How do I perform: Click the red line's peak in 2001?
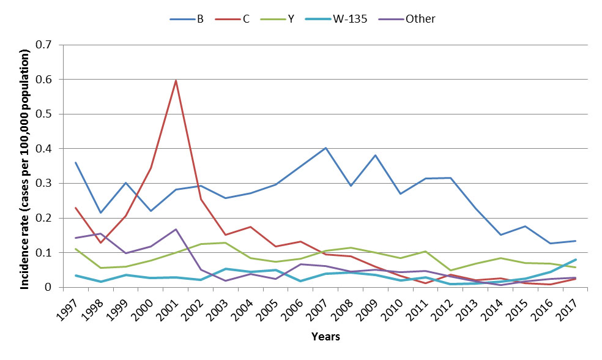point(176,80)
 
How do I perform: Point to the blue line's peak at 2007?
point(326,148)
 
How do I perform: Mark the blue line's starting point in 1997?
point(75,162)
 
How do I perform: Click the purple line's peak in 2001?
point(176,229)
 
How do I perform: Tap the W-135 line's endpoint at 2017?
point(576,259)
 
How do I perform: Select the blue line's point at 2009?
point(376,155)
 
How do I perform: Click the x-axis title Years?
point(325,337)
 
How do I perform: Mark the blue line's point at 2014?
point(501,234)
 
